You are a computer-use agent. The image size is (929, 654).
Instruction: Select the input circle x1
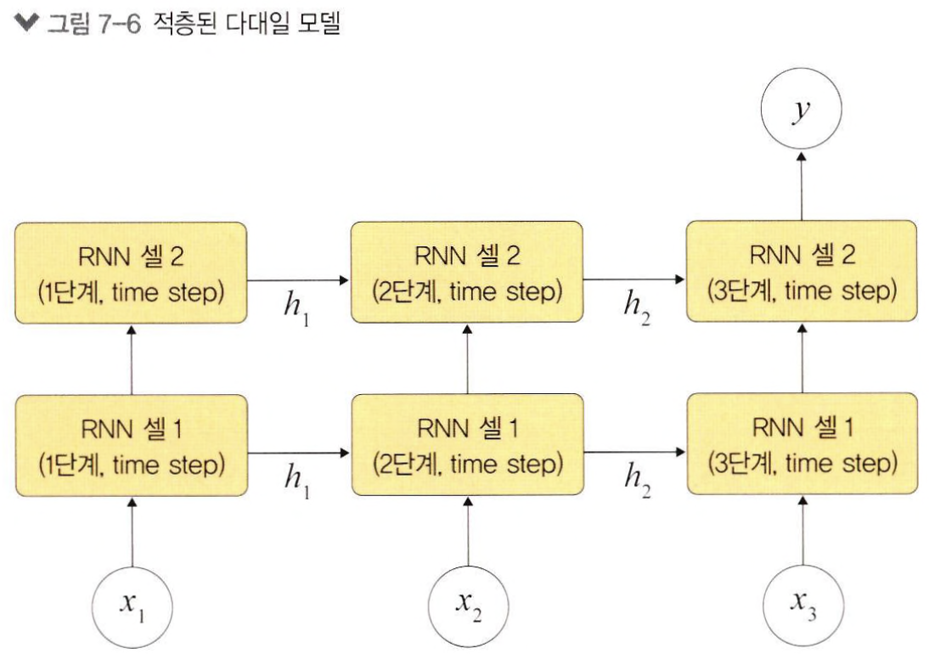tap(132, 606)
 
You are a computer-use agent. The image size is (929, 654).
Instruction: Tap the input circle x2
tap(467, 606)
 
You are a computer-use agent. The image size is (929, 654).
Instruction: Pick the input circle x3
tap(802, 606)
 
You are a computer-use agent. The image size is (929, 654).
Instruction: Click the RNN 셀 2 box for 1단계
tap(131, 273)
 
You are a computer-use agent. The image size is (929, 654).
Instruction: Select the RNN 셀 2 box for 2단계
tap(467, 273)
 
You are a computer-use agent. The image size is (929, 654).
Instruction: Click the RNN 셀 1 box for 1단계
tap(131, 446)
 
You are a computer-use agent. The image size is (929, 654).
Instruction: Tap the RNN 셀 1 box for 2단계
tap(467, 446)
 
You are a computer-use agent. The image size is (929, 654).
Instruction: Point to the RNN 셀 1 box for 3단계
tap(802, 446)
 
